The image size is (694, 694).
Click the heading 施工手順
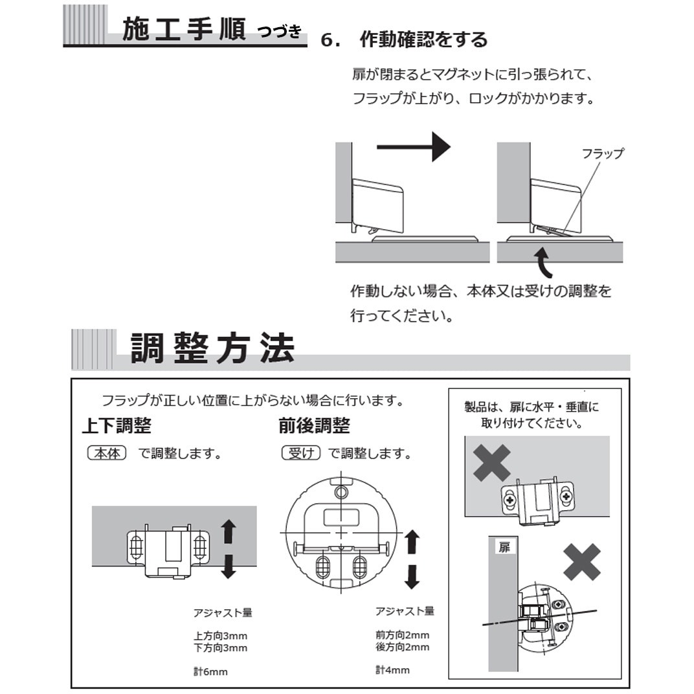[x=183, y=30]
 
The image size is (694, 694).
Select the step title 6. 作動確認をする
[x=404, y=39]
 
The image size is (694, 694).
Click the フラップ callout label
[x=602, y=154]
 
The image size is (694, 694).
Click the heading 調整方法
[x=212, y=349]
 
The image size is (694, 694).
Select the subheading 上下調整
[x=117, y=425]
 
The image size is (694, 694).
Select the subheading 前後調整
[x=314, y=425]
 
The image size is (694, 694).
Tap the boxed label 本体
[x=106, y=454]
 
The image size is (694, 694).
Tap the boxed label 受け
[x=302, y=454]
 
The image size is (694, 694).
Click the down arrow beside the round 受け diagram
[x=412, y=576]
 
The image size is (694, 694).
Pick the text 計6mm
[x=210, y=672]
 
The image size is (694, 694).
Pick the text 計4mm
[x=392, y=670]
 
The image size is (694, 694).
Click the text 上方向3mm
[x=220, y=636]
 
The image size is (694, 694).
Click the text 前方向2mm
[x=402, y=635]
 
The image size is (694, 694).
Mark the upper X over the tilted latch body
[x=491, y=462]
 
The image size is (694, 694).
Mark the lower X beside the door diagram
[x=581, y=562]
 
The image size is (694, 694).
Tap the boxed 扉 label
[x=504, y=548]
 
